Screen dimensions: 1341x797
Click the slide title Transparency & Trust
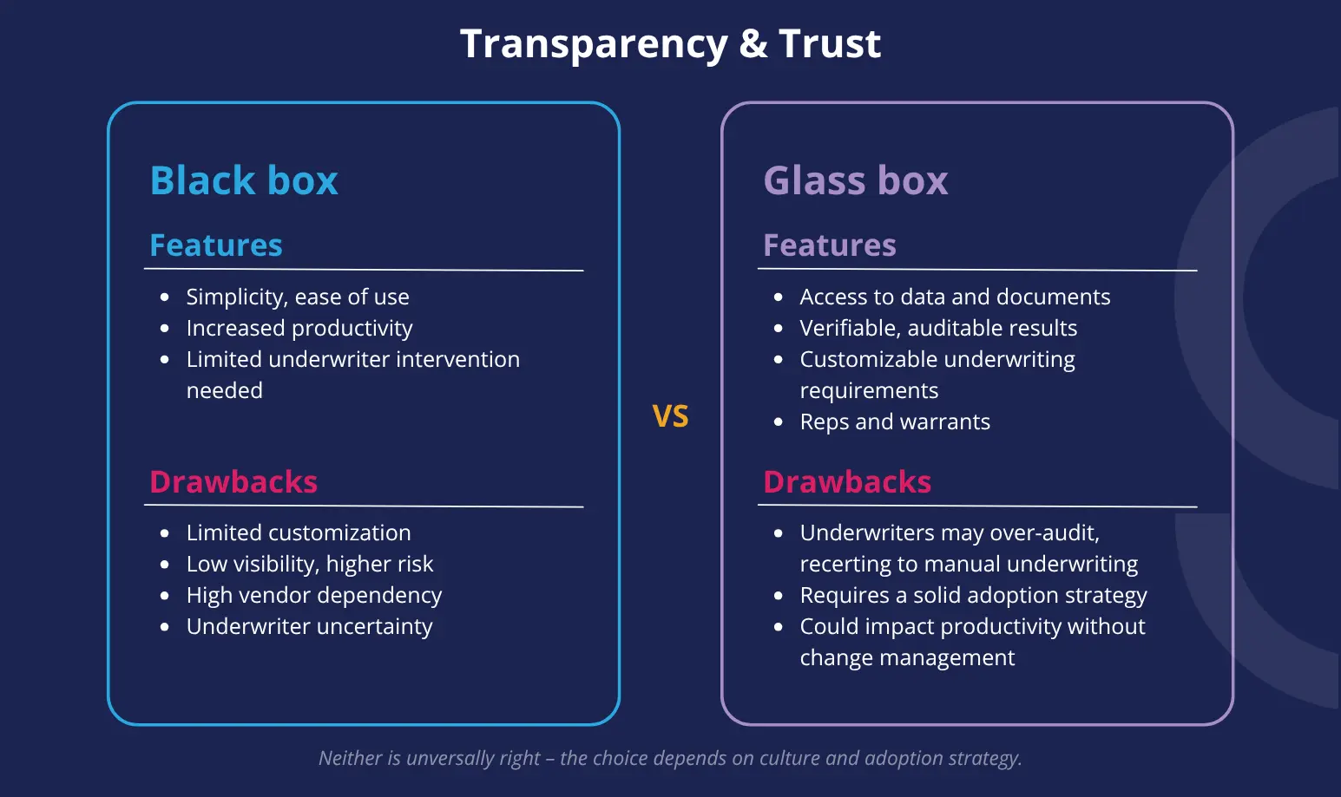tap(670, 44)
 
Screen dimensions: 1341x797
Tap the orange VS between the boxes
tap(670, 416)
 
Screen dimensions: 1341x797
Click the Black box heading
tap(244, 180)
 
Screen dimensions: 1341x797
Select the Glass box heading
tap(856, 180)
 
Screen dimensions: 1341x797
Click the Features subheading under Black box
tap(216, 245)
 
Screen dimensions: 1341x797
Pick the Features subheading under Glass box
tap(830, 245)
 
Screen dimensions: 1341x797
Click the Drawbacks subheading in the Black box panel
tap(233, 481)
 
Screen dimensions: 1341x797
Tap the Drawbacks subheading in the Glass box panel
tap(847, 481)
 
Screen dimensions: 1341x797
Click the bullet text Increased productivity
tap(299, 329)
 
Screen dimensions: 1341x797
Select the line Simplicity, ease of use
tap(298, 297)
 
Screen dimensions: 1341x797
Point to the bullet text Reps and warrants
tap(895, 421)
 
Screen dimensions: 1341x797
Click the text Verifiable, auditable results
tap(938, 328)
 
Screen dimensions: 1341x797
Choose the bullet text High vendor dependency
tap(313, 595)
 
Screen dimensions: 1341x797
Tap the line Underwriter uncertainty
tap(309, 626)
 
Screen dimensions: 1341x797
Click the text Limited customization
tap(298, 532)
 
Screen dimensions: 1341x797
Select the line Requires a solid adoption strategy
tap(974, 595)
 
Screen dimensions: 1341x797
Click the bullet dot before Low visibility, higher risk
tap(165, 565)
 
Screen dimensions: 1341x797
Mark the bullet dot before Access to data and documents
tap(779, 297)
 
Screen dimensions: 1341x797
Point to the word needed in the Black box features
tap(225, 391)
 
